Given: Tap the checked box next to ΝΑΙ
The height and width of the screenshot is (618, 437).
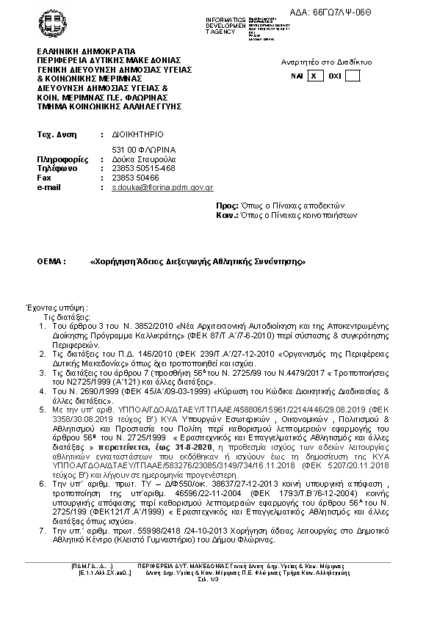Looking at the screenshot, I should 314,76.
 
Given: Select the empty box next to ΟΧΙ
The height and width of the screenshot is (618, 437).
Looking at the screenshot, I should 353,76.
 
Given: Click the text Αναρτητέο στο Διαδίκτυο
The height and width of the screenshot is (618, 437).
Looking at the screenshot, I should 326,62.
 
